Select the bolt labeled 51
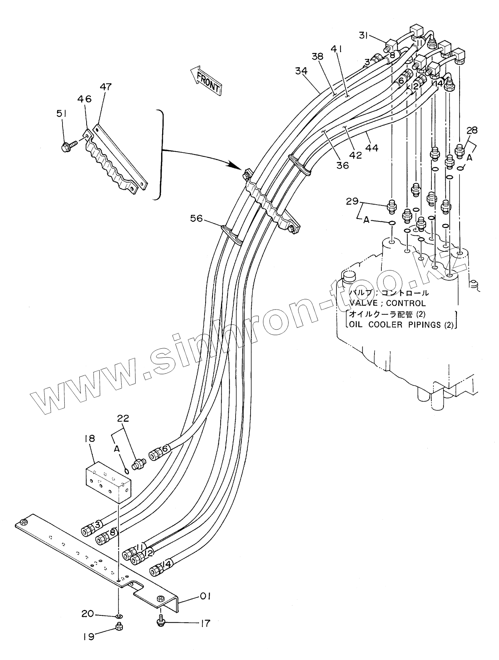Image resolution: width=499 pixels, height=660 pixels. (68, 147)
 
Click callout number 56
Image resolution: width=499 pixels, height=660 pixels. (197, 218)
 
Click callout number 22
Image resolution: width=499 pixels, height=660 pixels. (123, 419)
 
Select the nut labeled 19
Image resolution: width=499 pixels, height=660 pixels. (119, 627)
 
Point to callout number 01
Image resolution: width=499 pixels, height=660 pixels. (205, 596)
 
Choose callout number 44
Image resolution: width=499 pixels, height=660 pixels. (372, 148)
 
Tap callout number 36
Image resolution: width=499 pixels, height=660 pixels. (342, 165)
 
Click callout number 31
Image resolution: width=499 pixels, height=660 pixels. (363, 35)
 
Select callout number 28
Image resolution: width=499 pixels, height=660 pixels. (472, 130)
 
